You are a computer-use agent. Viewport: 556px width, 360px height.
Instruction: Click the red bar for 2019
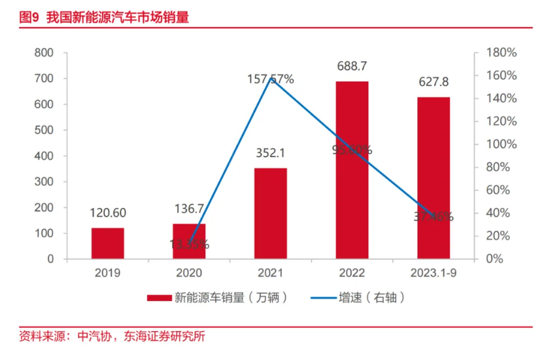[108, 244]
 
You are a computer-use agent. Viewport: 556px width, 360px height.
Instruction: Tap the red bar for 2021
[271, 214]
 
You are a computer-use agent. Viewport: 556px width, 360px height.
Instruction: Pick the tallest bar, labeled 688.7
[352, 170]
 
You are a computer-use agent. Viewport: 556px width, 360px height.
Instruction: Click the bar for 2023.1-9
[434, 178]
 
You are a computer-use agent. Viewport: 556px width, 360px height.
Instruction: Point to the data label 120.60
[108, 213]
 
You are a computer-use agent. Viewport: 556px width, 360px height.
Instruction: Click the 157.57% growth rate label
[271, 79]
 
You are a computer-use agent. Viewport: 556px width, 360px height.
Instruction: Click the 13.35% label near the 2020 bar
[189, 244]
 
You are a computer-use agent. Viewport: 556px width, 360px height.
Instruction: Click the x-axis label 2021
[271, 274]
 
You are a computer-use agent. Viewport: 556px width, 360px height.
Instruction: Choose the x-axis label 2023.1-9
[434, 274]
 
